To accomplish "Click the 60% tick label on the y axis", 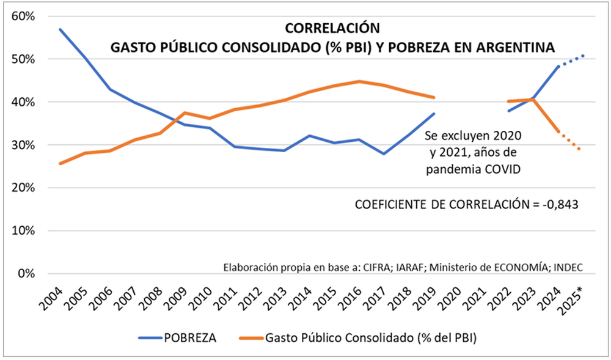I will pyautogui.click(x=23, y=17).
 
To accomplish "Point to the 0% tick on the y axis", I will pyautogui.click(x=26, y=274).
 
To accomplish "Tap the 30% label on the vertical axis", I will pyautogui.click(x=23, y=145).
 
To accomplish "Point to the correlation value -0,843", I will pyautogui.click(x=560, y=205).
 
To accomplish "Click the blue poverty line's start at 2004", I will pyautogui.click(x=60, y=29).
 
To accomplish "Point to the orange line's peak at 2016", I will pyautogui.click(x=359, y=81).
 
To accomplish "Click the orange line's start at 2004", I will pyautogui.click(x=60, y=164).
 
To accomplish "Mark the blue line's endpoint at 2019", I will pyautogui.click(x=434, y=114).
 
